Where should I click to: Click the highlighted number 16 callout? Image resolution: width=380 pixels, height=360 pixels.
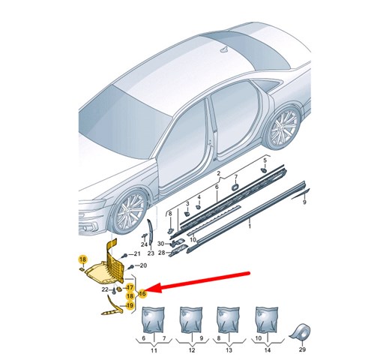coord(142,293)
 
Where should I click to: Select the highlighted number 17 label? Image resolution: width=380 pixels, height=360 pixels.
coord(130,287)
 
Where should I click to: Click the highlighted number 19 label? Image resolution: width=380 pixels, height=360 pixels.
coord(130,305)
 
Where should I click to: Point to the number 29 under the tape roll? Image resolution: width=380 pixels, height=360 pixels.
coord(302,349)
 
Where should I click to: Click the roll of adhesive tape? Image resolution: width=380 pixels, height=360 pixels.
coord(300,334)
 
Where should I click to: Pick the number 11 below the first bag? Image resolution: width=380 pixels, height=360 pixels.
coord(154,350)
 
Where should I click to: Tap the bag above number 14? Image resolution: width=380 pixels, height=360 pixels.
coord(267,320)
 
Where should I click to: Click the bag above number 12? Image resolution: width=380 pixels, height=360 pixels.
coord(191,320)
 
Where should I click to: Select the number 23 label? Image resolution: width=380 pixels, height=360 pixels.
coord(151,253)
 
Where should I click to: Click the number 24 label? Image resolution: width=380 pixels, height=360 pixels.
coord(144,244)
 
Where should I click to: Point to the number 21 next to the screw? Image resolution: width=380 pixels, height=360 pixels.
coord(137,254)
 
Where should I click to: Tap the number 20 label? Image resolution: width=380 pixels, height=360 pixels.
coord(143,265)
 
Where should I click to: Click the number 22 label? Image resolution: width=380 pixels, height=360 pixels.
coord(105,289)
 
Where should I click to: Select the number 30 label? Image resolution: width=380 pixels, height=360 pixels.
coord(160,244)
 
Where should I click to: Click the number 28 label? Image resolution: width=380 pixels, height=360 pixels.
coord(162,253)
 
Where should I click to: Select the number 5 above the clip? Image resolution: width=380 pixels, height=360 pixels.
coord(265,160)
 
